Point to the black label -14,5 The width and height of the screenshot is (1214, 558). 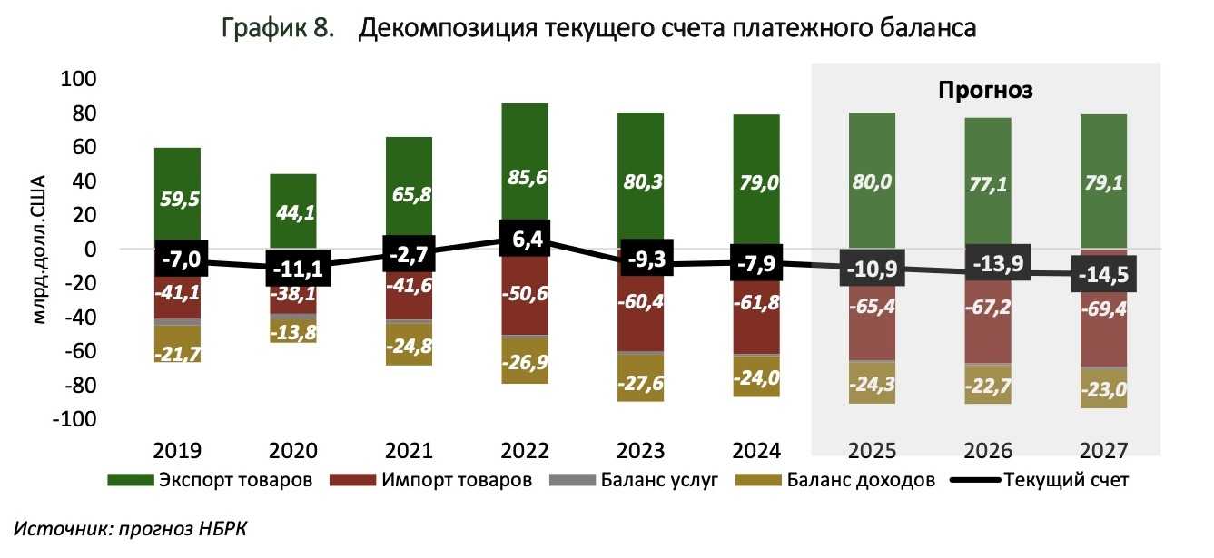1103,274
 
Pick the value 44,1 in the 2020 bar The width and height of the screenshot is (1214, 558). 292,214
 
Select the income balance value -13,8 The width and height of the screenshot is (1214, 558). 292,332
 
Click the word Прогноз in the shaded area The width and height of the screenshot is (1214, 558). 985,91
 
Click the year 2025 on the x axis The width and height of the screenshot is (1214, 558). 872,451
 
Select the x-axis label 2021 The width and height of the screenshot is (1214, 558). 409,451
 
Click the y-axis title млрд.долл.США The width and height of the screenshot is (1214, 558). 36,250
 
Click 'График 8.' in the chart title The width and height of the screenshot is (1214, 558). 278,29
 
